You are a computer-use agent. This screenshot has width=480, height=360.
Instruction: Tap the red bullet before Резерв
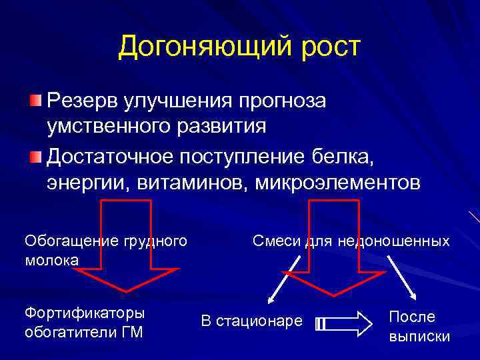35,101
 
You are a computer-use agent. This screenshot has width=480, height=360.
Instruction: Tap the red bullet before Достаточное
35,157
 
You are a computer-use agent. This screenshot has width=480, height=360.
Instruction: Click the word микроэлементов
339,182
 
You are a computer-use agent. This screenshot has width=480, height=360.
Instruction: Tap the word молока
51,259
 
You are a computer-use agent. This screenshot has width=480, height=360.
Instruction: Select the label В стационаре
251,322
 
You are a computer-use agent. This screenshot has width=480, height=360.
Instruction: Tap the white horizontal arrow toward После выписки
343,323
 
